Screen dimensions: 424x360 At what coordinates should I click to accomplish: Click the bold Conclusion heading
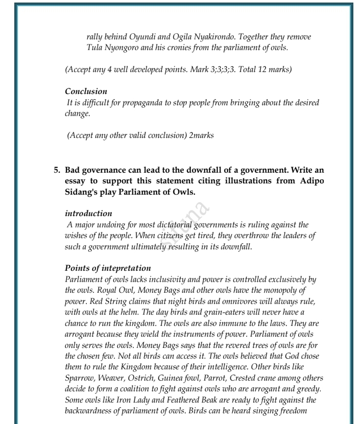[86, 91]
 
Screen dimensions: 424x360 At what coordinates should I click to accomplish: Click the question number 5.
[57, 170]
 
